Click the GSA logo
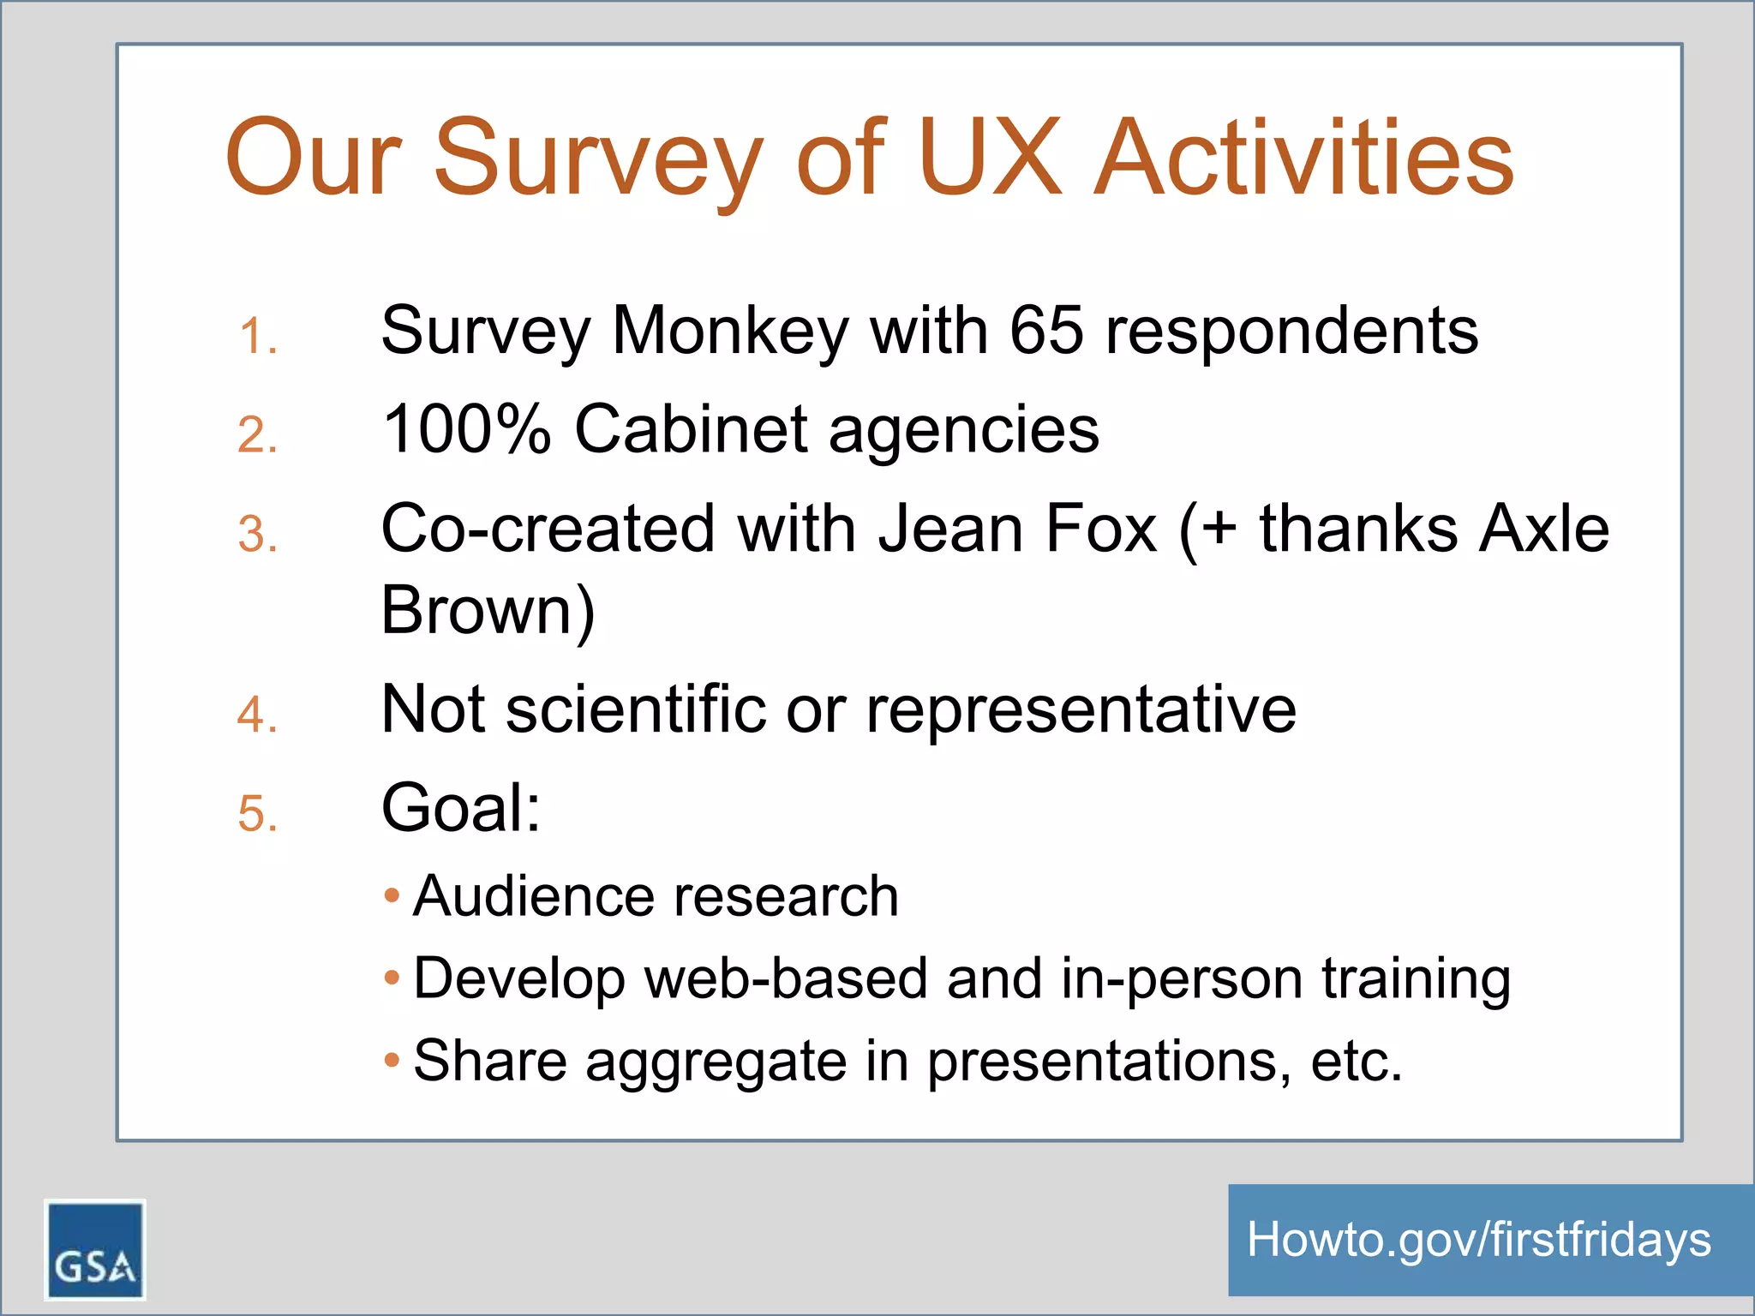[94, 1249]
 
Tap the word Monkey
[729, 332]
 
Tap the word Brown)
[488, 610]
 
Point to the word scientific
[635, 709]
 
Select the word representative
[1081, 711]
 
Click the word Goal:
[461, 808]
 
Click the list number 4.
[256, 715]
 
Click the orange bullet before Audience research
[392, 896]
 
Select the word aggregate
[716, 1062]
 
